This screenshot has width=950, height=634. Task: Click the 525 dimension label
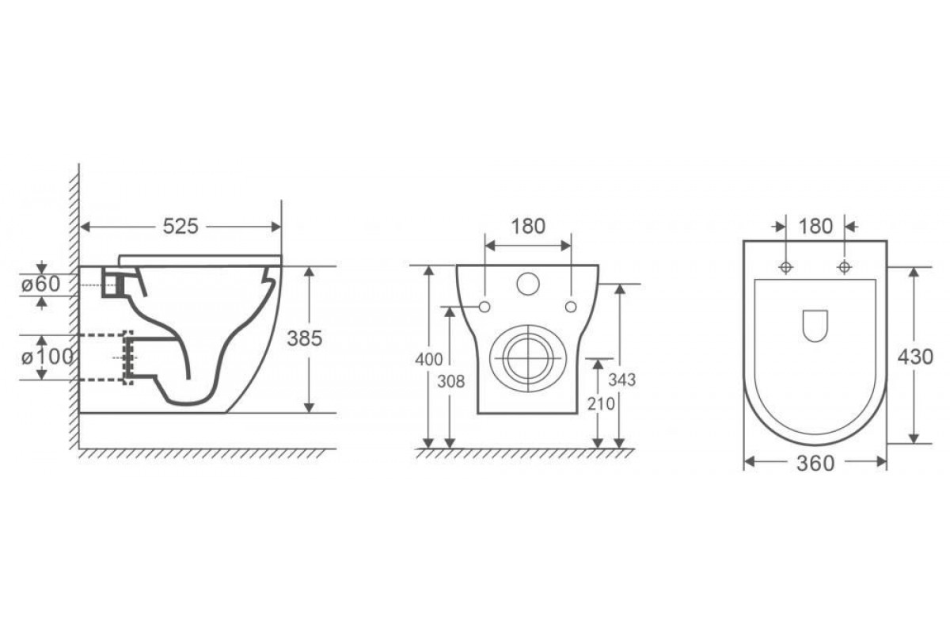pos(180,227)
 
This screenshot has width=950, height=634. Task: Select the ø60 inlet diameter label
pos(41,284)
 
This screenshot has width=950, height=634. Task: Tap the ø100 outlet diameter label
pos(47,357)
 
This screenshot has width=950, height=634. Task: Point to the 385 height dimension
pos(305,338)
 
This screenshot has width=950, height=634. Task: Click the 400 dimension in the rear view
pos(429,360)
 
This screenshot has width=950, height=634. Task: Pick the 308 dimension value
pos(450,382)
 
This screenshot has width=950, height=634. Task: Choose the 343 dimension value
pos(621,380)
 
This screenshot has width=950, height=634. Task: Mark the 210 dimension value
pos(601,404)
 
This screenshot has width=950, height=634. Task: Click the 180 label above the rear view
pos(528,227)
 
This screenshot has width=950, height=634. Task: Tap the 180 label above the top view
pos(815,227)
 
